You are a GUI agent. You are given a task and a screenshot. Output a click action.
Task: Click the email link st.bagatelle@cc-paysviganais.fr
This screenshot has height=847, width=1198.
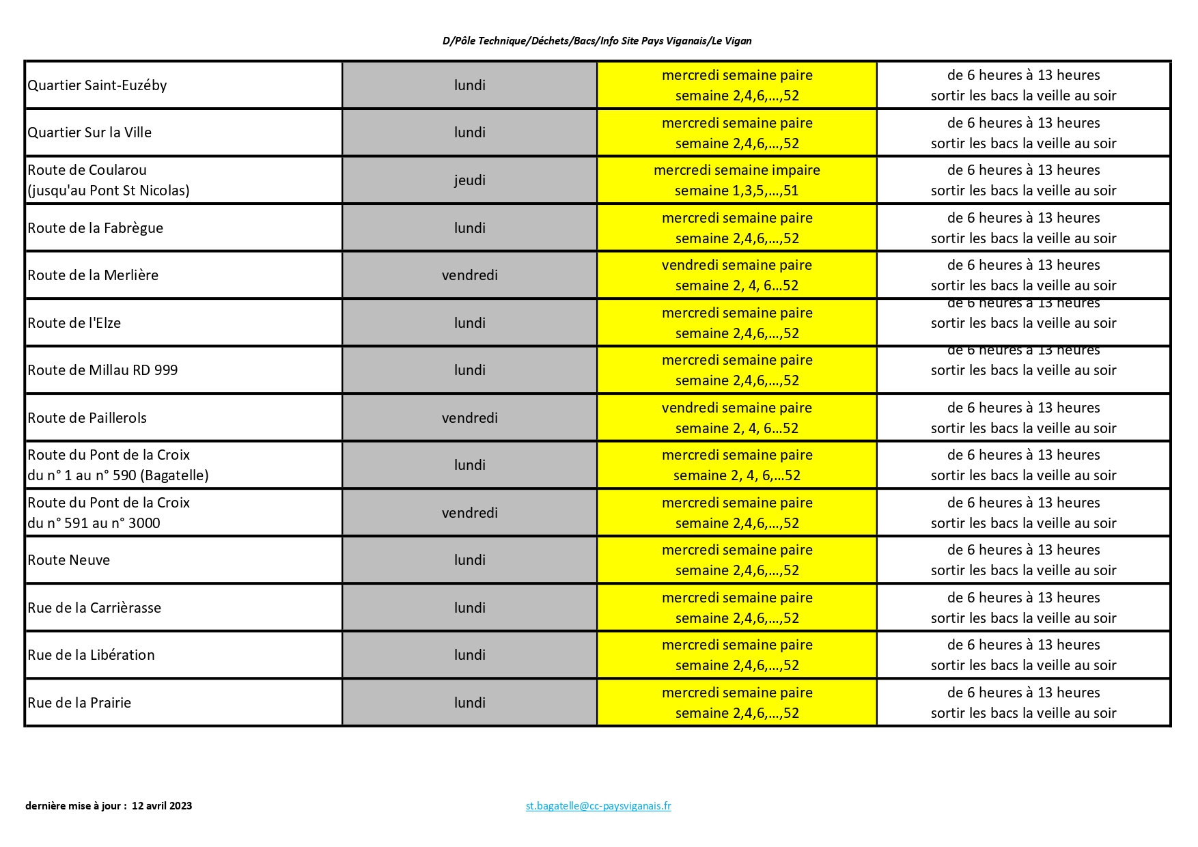598,806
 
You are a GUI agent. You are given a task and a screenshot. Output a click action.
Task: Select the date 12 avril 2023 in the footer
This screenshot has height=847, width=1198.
162,806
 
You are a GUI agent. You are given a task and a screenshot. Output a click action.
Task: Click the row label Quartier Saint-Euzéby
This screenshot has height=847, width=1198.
97,85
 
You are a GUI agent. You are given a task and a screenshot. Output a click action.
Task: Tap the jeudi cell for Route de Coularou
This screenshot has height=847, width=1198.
470,180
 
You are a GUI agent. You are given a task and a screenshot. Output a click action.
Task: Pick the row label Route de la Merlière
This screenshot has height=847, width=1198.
93,275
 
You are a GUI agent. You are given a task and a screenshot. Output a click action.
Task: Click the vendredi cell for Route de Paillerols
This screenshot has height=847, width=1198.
470,418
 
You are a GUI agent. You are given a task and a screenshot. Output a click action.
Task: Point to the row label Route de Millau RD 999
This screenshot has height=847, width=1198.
102,370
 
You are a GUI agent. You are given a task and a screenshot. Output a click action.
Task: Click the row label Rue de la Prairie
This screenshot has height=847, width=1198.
79,703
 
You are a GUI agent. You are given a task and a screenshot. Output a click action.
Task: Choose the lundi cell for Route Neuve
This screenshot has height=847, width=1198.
470,560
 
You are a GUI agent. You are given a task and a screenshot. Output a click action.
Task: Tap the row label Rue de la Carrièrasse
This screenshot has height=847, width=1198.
94,608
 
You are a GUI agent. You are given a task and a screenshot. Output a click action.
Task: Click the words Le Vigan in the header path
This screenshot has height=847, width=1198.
732,41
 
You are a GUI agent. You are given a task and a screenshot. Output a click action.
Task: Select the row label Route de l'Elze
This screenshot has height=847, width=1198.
74,323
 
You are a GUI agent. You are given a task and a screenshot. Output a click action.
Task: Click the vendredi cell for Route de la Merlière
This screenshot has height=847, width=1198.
470,275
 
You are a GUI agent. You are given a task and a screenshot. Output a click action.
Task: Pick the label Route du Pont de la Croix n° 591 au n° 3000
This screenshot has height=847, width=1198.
109,513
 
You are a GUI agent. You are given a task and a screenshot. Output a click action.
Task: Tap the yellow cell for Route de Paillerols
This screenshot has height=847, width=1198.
737,418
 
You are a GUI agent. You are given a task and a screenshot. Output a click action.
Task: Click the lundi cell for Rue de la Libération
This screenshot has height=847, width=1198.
470,655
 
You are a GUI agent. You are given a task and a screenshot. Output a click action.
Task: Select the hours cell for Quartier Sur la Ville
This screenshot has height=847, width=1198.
1023,133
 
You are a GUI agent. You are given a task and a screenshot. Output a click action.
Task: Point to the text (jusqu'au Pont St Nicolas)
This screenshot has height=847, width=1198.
109,191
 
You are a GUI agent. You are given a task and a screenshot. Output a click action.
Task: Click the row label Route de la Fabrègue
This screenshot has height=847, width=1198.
96,228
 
